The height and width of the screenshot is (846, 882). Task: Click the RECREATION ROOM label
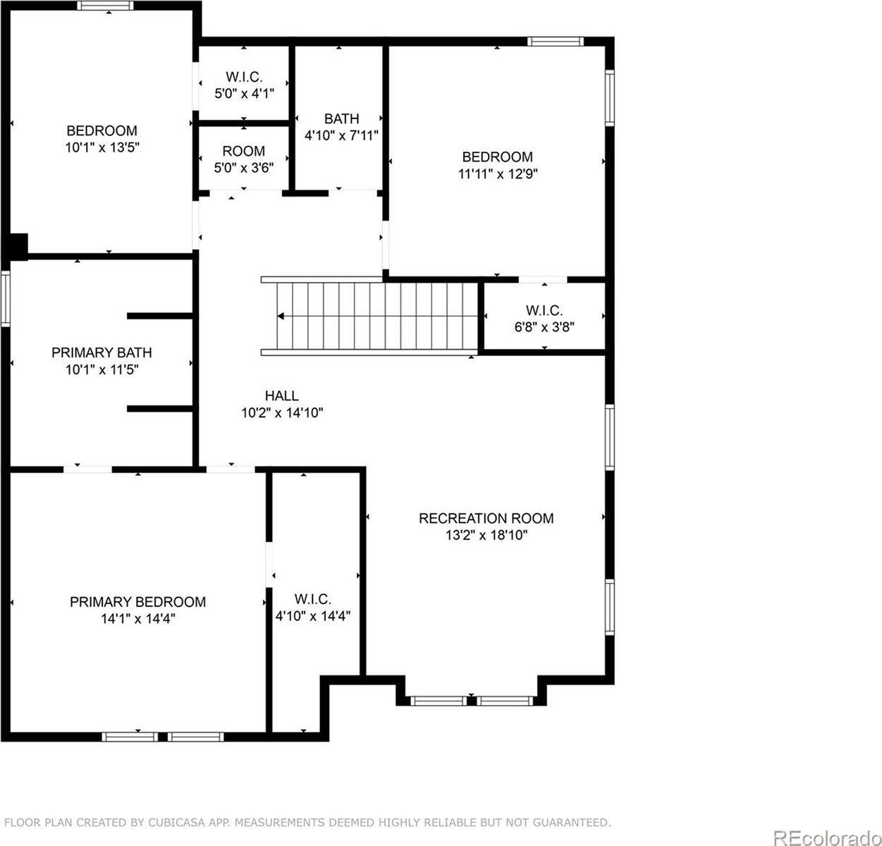pos(486,518)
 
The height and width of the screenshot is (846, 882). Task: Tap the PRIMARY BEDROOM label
pos(137,601)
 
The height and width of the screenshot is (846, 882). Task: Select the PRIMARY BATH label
pos(102,352)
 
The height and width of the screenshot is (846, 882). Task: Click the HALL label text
pos(281,396)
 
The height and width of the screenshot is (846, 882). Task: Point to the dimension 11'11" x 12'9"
pos(498,173)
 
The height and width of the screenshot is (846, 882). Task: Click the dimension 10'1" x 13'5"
pos(102,147)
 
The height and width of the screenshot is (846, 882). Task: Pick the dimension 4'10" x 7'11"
pos(341,135)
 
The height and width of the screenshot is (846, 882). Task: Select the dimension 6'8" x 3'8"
pos(544,326)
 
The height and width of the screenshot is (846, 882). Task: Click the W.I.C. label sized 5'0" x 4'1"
pos(243,77)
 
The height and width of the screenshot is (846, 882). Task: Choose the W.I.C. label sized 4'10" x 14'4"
pos(312,599)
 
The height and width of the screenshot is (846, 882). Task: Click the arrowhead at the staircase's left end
pos(281,317)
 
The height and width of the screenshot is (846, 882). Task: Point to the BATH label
pos(341,118)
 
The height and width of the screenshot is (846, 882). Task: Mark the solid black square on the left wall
pos(18,246)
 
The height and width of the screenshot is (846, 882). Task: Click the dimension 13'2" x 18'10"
pos(486,535)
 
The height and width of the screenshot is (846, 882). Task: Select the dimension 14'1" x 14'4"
pos(137,618)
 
